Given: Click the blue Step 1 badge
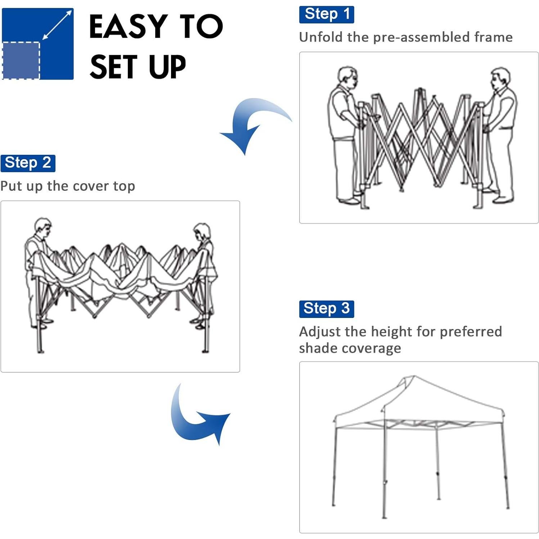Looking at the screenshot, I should pyautogui.click(x=326, y=14).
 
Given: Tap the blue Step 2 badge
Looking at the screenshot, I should pyautogui.click(x=28, y=163).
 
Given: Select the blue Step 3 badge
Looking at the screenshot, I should pyautogui.click(x=326, y=309).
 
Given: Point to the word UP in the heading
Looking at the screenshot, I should pyautogui.click(x=167, y=67).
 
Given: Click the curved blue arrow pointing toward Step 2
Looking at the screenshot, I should pyautogui.click(x=252, y=122).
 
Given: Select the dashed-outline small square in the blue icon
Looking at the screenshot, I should pyautogui.click(x=21, y=60).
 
